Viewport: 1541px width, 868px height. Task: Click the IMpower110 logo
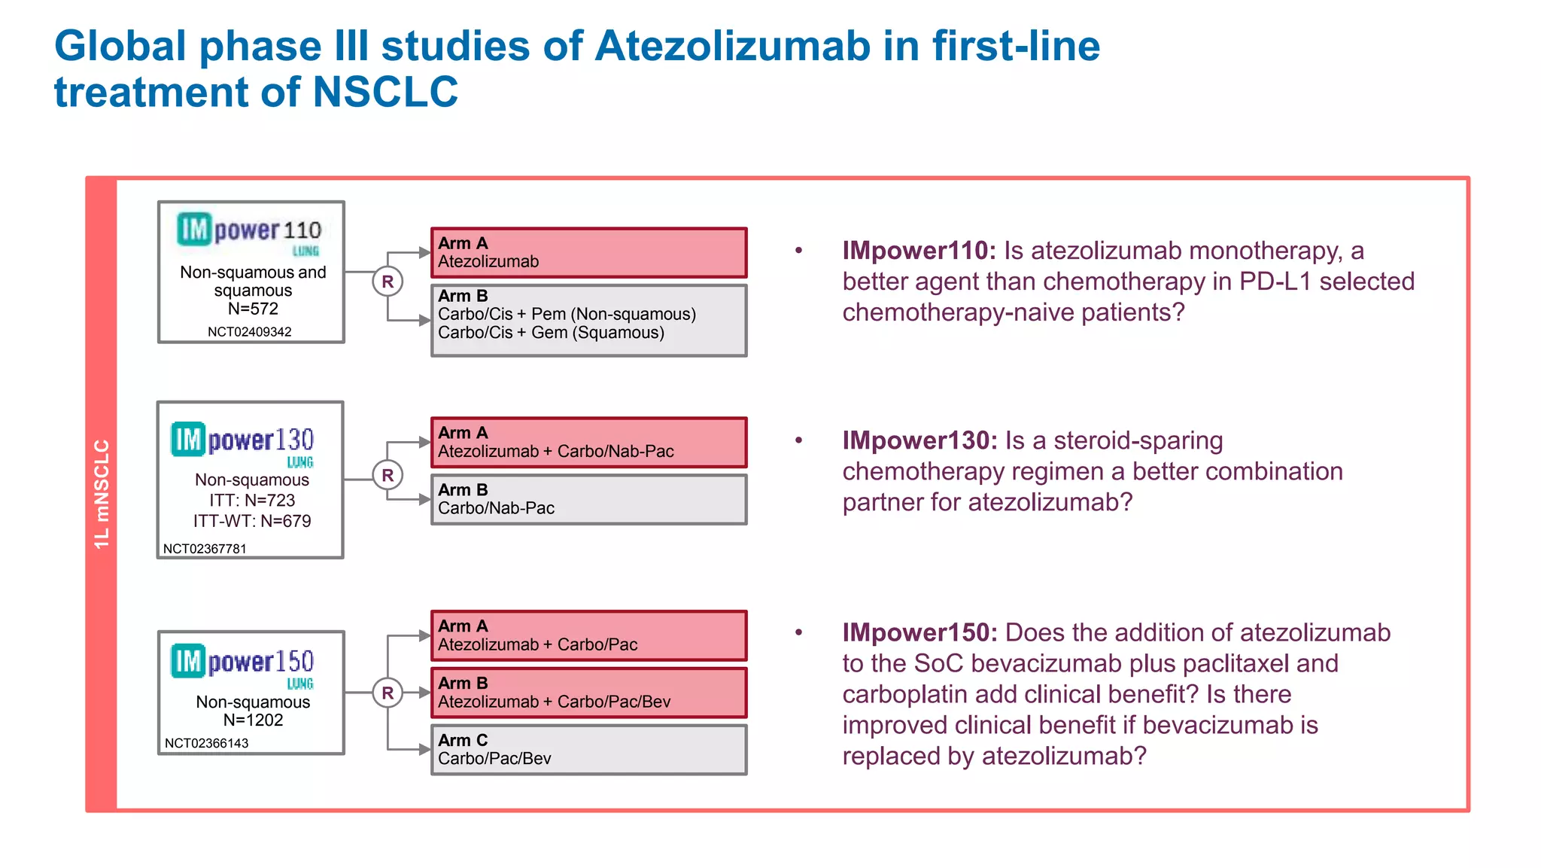249,233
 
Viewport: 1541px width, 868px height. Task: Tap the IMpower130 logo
242,443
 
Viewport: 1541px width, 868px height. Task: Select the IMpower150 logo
242,664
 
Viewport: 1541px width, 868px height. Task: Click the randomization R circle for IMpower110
388,282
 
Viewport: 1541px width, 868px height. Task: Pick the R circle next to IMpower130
388,475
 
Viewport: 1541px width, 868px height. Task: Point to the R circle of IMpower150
388,693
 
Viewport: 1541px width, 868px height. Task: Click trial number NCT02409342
250,332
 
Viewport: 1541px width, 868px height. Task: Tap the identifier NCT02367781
205,549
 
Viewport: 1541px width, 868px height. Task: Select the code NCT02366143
206,743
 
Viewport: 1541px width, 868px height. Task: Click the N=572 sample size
253,309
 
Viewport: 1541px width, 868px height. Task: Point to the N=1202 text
253,720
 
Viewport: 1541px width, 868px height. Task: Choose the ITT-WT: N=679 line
252,521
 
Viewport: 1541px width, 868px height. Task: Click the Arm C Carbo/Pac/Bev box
588,750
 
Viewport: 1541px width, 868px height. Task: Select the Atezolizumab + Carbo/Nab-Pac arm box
588,443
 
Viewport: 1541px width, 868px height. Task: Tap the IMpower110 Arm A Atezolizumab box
588,253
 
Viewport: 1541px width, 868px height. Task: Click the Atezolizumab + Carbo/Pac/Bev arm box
588,693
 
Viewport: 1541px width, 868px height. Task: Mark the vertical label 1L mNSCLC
102,494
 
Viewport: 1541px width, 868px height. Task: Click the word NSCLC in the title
385,92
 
